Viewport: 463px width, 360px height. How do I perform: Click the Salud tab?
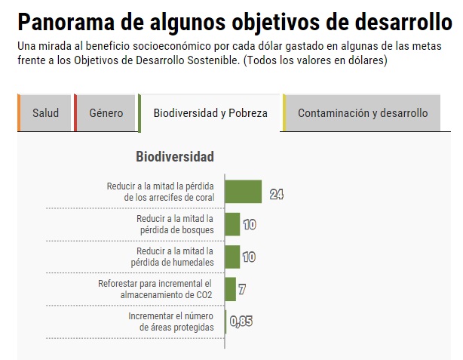coord(45,113)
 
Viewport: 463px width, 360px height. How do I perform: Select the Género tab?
coord(106,113)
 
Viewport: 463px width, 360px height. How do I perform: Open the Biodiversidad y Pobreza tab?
coord(210,113)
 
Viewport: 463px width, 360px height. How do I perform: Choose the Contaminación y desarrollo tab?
coord(362,113)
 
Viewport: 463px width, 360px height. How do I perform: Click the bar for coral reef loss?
coord(243,192)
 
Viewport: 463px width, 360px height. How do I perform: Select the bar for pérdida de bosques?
coord(232,224)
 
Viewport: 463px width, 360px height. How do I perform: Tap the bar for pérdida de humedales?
coord(232,257)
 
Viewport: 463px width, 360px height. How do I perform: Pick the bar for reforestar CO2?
coord(230,288)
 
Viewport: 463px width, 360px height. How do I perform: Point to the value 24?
coord(276,194)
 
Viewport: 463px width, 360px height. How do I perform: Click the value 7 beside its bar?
coord(241,289)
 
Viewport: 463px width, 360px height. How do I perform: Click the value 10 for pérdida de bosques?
coord(249,225)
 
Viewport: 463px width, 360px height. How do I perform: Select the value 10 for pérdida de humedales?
coord(249,257)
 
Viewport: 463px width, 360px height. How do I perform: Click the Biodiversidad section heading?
coord(175,157)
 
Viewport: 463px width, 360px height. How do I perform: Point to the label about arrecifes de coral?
coord(161,192)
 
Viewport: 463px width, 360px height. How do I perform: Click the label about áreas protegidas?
coord(171,322)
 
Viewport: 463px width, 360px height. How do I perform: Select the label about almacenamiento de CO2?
coord(155,289)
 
